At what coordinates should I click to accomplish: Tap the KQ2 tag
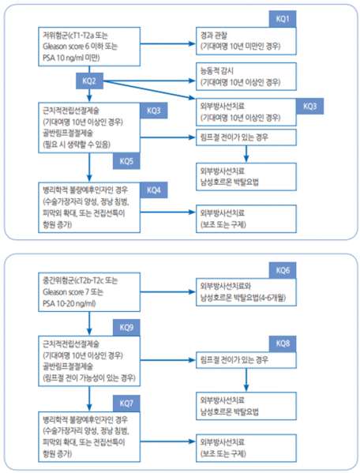pos(89,81)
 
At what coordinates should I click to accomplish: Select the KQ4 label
pos(153,190)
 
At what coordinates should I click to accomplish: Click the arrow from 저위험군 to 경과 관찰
pos(167,42)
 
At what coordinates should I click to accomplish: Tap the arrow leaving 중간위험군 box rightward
pos(167,291)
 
